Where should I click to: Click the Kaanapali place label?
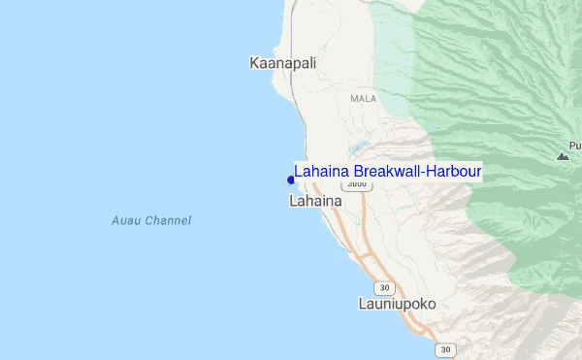283,63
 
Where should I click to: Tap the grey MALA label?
364,99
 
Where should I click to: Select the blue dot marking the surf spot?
291,180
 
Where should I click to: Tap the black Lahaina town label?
315,201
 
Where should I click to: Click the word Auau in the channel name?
127,221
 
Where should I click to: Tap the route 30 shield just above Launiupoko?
385,287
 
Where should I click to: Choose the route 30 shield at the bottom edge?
445,349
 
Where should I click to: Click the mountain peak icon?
563,155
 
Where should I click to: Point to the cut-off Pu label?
575,146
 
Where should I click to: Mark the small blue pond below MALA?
360,148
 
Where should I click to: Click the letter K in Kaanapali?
254,63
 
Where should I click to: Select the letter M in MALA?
354,99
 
